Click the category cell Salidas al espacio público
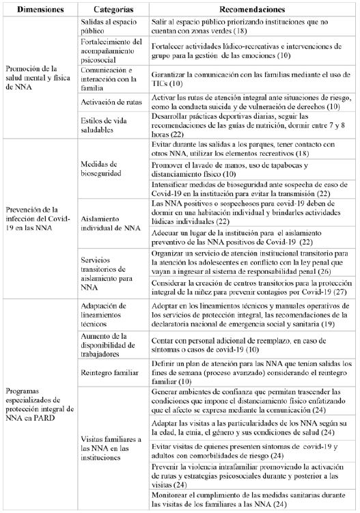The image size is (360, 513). [108, 28]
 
